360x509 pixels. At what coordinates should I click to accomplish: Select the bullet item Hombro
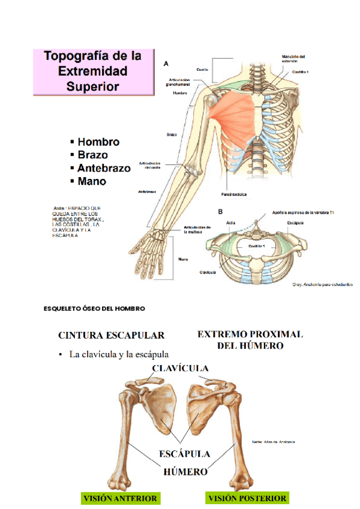pyautogui.click(x=98, y=142)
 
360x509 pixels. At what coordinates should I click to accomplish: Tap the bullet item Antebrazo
pyautogui.click(x=104, y=168)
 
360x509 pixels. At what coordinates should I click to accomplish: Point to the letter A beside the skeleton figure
pyautogui.click(x=166, y=62)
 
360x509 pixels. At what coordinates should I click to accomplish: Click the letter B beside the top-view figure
pyautogui.click(x=220, y=211)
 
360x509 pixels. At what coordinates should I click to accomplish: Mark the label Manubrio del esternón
pyautogui.click(x=293, y=58)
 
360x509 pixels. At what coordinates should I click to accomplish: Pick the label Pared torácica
pyautogui.click(x=233, y=194)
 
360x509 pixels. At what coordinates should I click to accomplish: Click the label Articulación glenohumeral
pyautogui.click(x=178, y=82)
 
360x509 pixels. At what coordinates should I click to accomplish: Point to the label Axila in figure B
pyautogui.click(x=231, y=223)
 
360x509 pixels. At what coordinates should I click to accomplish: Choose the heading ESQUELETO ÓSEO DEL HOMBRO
pyautogui.click(x=94, y=309)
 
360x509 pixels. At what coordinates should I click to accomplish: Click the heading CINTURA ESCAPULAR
pyautogui.click(x=111, y=335)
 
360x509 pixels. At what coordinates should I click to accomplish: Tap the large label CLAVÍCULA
pyautogui.click(x=180, y=367)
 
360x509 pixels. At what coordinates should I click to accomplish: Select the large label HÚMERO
pyautogui.click(x=185, y=472)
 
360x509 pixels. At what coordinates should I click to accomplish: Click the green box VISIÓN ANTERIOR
pyautogui.click(x=120, y=498)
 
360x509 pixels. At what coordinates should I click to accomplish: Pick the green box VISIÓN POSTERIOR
pyautogui.click(x=247, y=498)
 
